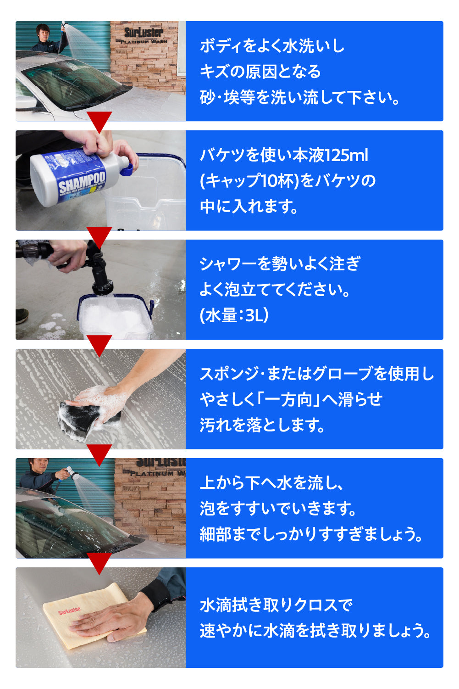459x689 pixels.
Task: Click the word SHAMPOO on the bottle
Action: coord(82,182)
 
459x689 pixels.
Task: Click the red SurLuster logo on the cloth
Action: coord(69,610)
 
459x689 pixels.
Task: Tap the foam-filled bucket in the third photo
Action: coord(116,317)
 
